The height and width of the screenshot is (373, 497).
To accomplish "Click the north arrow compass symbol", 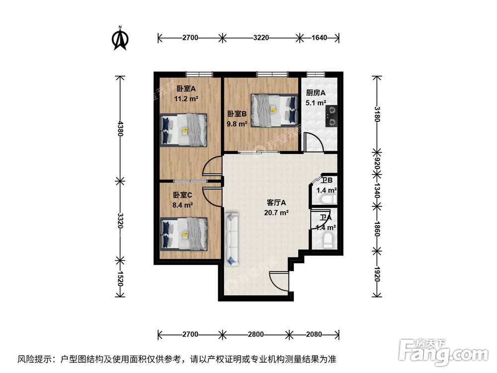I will tap(120, 39).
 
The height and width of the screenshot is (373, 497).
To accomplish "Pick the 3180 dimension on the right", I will tap(377, 114).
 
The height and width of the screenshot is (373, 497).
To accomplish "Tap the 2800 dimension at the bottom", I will tap(255, 334).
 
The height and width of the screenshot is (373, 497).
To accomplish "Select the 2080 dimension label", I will tap(314, 334).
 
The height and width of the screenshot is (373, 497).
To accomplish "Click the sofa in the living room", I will tap(232, 238).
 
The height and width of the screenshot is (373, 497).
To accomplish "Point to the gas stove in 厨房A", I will tap(331, 115).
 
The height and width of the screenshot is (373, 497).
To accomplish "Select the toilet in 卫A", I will tap(328, 241).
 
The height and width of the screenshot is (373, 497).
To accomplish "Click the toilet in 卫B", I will tap(328, 199).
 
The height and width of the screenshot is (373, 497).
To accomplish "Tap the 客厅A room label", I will tap(277, 203).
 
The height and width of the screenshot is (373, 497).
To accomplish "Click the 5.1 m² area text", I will tap(316, 103).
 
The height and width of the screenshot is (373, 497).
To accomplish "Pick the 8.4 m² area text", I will tap(183, 204).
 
